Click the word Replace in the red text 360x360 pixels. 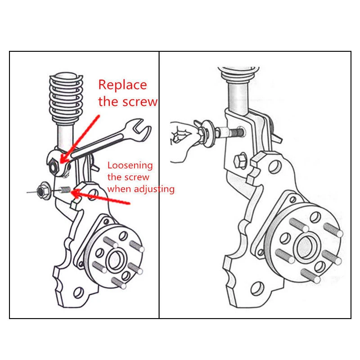click(122, 85)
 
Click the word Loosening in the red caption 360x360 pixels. click(130, 166)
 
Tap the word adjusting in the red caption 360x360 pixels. click(154, 189)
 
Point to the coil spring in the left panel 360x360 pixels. click(66, 99)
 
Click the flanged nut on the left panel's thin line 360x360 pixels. click(43, 190)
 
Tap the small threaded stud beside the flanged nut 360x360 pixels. click(65, 190)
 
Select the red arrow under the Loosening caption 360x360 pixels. click(101, 197)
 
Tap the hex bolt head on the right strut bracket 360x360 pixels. click(240, 161)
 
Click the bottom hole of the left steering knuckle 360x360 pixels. click(78, 292)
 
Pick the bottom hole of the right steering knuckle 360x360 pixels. click(257, 288)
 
